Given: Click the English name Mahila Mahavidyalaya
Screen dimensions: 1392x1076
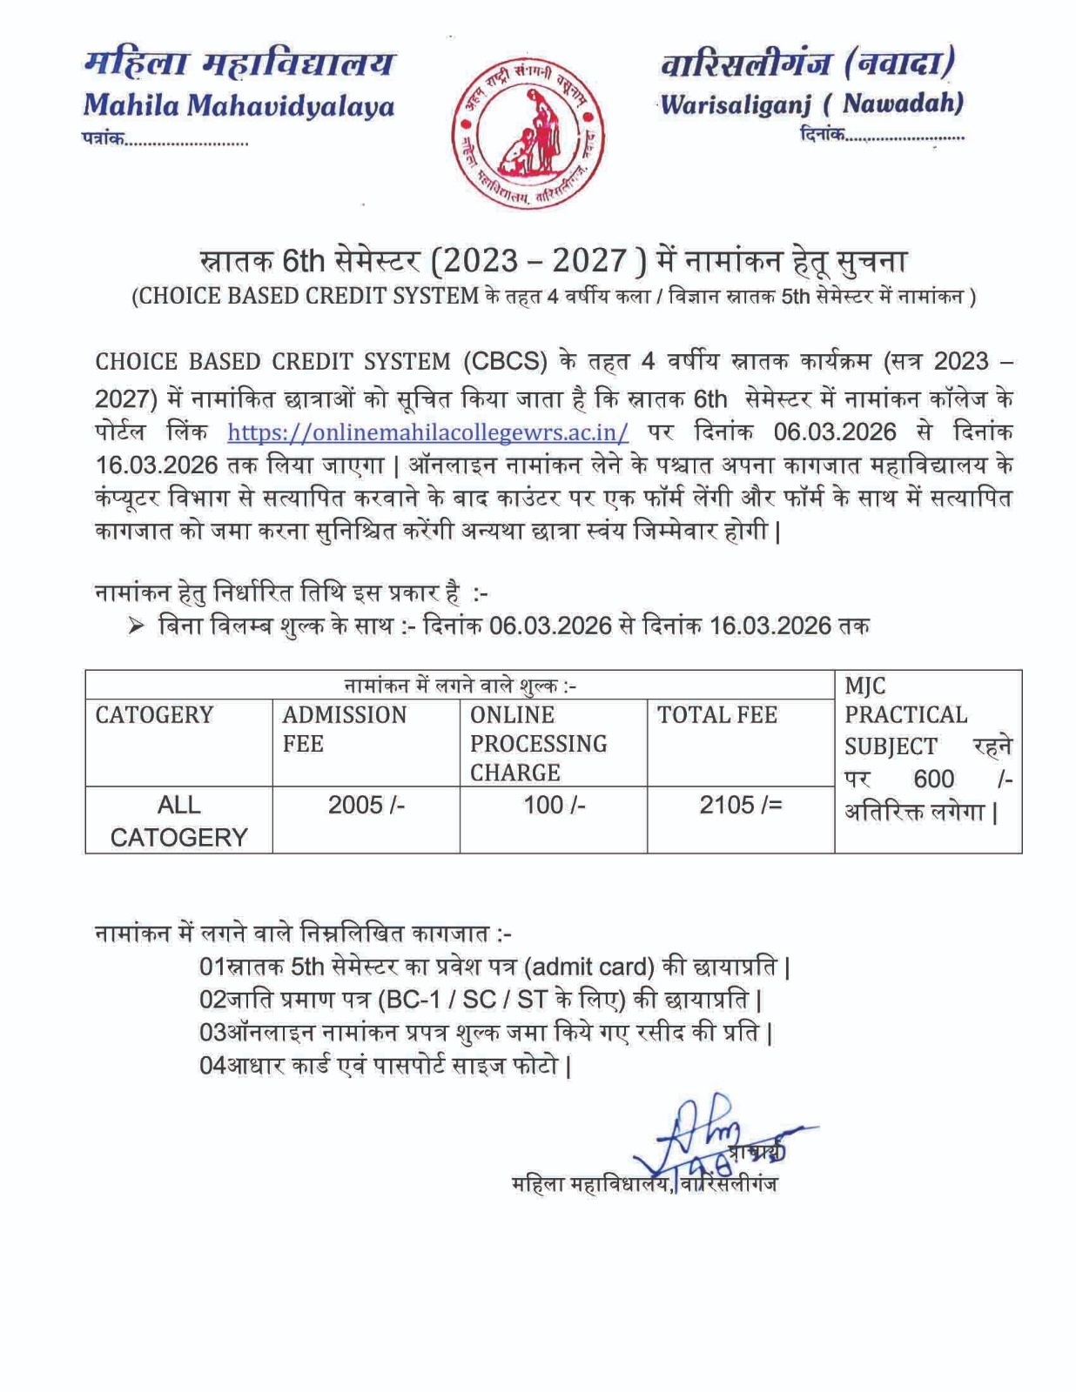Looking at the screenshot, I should tap(239, 105).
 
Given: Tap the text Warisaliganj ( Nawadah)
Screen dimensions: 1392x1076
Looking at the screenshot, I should tap(811, 104).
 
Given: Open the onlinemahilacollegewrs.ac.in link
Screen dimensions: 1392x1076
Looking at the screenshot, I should tap(427, 432).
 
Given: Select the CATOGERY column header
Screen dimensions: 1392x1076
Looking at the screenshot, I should tap(154, 715).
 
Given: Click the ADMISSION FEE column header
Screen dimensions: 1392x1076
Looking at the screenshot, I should tap(344, 729).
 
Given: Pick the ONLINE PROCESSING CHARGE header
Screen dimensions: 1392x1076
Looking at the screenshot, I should tap(538, 743).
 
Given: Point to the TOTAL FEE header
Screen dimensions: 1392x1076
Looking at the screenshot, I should tap(716, 715).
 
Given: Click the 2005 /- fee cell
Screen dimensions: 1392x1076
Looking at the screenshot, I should tap(366, 806).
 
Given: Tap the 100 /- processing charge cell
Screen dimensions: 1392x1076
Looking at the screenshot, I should tap(554, 806).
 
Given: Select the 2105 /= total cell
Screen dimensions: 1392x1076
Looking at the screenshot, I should tap(740, 806).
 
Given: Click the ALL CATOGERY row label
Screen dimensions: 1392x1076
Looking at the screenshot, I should tap(178, 820).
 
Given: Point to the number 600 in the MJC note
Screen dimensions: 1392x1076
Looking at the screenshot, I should tap(933, 779).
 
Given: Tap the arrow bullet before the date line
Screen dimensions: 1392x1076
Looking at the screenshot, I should tap(136, 626).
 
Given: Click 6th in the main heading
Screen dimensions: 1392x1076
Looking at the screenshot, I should tap(303, 260).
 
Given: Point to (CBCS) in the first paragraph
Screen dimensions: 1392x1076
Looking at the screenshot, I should tap(504, 361).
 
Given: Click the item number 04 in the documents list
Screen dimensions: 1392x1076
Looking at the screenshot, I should tap(212, 1065).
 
